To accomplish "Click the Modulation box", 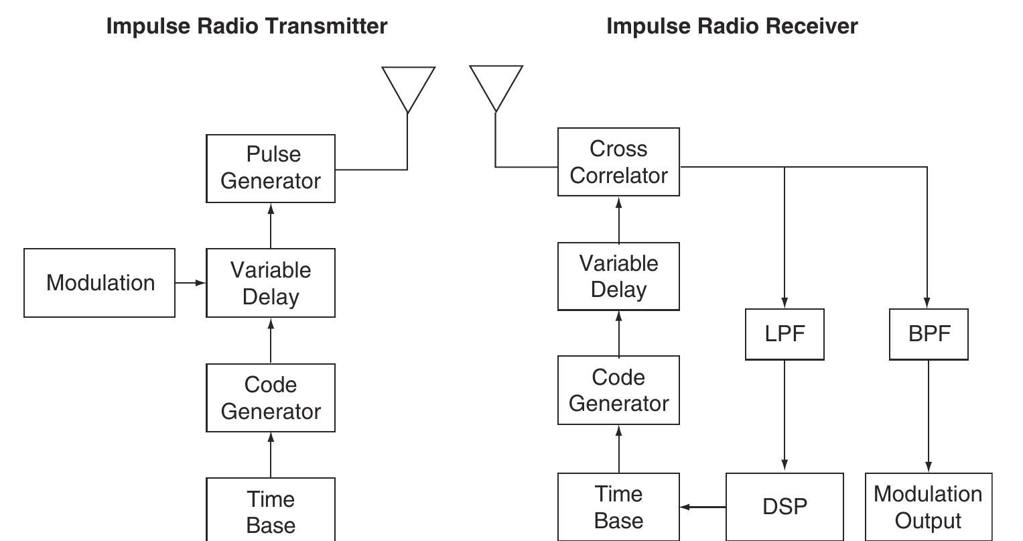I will pos(100,283).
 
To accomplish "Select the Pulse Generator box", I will pos(271,168).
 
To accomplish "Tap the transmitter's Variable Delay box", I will pos(271,283).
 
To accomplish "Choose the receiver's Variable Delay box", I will pos(618,276).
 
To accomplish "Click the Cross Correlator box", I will pos(618,162).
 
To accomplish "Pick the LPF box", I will pos(785,334).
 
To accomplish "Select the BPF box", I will pos(929,334).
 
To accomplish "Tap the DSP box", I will pos(785,506).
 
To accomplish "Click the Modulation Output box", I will pos(929,507).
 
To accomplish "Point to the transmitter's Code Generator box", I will pos(271,398).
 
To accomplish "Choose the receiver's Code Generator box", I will pos(618,390).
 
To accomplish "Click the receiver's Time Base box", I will pos(618,507).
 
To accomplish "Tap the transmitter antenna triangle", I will pos(408,84).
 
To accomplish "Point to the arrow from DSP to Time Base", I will pos(703,507).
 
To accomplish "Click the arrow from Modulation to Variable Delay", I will pos(191,283).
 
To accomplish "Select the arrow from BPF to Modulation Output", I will pos(929,416).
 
